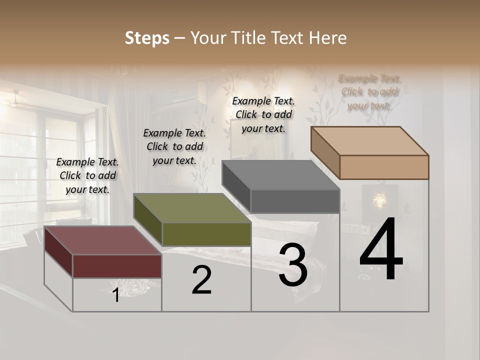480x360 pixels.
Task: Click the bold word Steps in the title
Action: click(x=147, y=38)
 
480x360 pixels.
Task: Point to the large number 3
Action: click(x=293, y=265)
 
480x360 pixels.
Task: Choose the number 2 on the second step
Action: click(x=201, y=280)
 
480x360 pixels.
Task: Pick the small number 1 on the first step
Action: click(x=116, y=295)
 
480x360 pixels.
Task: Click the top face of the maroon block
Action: click(x=102, y=240)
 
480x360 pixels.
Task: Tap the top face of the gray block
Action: click(x=280, y=175)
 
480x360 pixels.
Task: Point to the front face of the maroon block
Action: click(x=117, y=266)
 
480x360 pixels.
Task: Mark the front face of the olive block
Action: click(x=206, y=234)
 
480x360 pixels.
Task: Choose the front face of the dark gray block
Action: click(x=295, y=201)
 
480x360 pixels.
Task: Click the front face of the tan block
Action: click(x=384, y=167)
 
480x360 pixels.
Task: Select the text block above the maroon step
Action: click(x=87, y=175)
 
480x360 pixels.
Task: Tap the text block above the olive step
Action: click(x=174, y=146)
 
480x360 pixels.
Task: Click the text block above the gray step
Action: click(x=263, y=114)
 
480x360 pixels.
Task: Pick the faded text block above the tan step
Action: click(x=369, y=92)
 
